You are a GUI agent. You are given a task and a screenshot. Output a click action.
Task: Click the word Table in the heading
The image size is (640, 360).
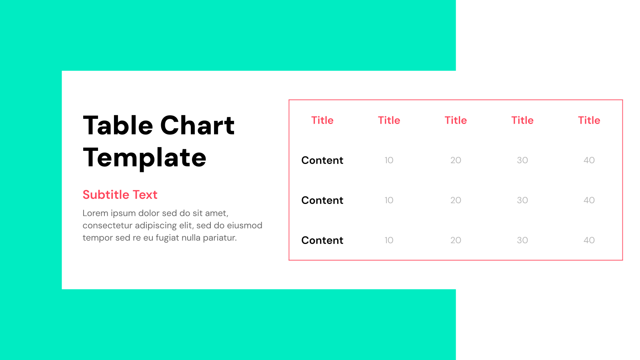(x=118, y=126)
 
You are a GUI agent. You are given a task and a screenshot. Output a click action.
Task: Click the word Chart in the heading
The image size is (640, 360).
(x=197, y=126)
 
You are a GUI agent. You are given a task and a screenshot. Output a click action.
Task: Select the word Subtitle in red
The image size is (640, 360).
(x=106, y=195)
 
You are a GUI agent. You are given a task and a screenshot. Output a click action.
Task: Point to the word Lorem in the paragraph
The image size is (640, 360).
(x=95, y=213)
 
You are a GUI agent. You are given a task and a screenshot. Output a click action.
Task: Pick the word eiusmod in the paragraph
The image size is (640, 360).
(x=244, y=226)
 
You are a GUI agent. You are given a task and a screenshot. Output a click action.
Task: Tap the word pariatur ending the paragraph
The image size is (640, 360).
(x=220, y=238)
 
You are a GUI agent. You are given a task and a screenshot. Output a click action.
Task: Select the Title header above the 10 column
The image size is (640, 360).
(x=389, y=120)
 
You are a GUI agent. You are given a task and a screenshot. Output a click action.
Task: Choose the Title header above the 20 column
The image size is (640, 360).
(x=456, y=120)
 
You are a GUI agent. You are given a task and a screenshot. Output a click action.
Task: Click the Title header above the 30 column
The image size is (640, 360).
(x=522, y=120)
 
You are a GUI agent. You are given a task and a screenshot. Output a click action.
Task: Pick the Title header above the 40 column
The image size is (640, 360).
(x=589, y=120)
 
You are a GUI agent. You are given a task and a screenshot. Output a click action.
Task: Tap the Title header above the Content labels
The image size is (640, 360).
(x=322, y=120)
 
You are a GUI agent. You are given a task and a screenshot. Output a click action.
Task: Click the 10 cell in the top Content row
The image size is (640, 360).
(x=389, y=160)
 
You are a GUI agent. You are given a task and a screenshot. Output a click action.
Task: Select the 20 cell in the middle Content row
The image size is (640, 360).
(x=456, y=200)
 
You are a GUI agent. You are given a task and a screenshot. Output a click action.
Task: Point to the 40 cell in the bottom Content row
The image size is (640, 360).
(x=589, y=240)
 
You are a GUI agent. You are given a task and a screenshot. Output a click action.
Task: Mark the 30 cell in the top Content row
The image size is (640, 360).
(x=522, y=160)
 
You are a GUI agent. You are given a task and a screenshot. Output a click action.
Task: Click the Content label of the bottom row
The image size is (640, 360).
(x=322, y=240)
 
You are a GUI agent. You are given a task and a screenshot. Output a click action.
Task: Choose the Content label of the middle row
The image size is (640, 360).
(x=322, y=200)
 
